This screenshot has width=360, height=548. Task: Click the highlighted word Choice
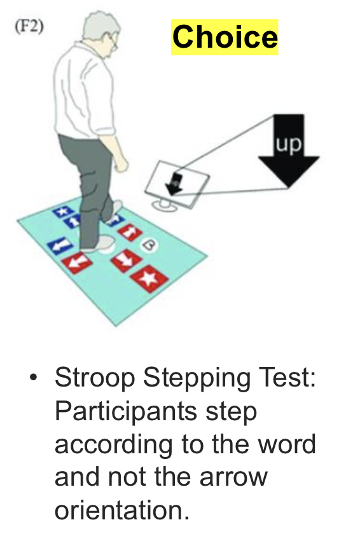(225, 37)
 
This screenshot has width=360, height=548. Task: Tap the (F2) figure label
(29, 27)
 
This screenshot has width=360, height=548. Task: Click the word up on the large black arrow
(288, 144)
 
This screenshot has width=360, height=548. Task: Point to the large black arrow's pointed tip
(288, 188)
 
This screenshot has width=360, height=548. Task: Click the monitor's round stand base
(165, 205)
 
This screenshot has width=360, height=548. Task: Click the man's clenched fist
(121, 163)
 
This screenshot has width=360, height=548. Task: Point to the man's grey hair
(100, 27)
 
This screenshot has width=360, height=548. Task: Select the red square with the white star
(149, 278)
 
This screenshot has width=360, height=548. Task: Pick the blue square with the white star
(63, 211)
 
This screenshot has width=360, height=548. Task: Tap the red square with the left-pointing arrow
(77, 263)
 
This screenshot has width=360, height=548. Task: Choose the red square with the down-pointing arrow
(126, 260)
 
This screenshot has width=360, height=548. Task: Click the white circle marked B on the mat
(149, 245)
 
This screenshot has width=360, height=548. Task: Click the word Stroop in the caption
(95, 378)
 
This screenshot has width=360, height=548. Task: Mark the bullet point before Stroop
(33, 378)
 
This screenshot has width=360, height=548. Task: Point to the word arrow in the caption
(233, 477)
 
